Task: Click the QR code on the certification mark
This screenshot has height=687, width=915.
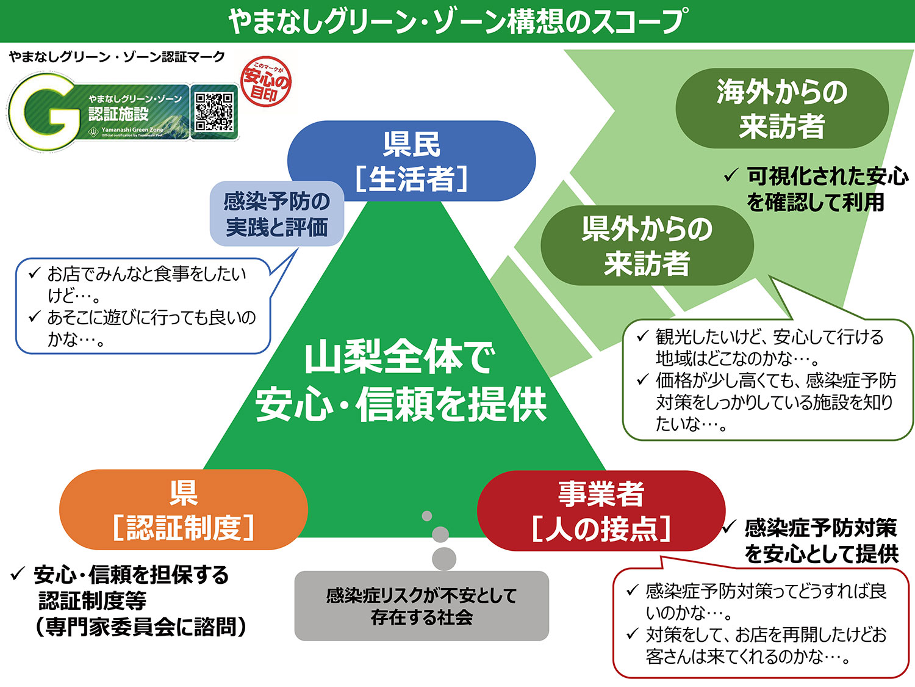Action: [213, 112]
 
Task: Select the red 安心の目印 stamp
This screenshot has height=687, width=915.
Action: [266, 82]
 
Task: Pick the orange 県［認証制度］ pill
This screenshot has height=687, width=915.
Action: [183, 510]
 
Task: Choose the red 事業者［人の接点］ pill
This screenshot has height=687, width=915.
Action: [601, 511]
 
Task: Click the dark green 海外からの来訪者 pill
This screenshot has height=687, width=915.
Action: [781, 109]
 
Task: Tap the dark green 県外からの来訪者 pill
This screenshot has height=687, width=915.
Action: [647, 245]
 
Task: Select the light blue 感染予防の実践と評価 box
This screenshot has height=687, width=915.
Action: [277, 214]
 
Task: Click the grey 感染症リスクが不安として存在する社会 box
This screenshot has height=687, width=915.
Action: [422, 606]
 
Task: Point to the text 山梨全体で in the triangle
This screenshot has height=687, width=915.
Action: [400, 357]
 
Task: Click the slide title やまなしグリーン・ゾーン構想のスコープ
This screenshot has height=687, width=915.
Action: [457, 21]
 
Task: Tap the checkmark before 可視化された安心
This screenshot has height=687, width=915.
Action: [730, 176]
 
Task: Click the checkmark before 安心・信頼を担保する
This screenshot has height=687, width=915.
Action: [18, 574]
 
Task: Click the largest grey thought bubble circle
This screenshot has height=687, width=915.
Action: [443, 559]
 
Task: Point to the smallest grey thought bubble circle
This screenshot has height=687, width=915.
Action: [427, 516]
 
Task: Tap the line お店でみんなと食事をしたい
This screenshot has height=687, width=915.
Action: [147, 274]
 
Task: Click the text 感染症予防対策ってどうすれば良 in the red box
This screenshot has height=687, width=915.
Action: [766, 591]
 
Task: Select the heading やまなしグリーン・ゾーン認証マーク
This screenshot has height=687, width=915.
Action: [117, 57]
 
